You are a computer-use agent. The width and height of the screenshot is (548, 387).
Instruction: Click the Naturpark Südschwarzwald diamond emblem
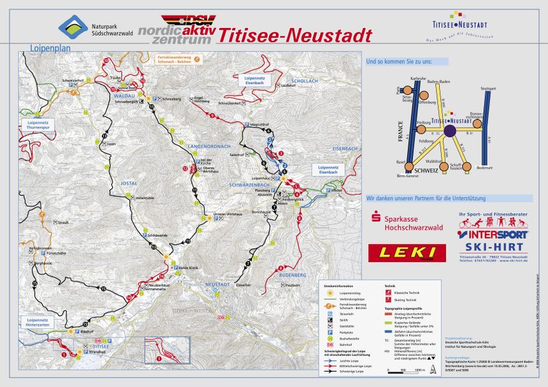click(x=73, y=27)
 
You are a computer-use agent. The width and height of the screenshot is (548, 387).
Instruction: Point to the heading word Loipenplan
click(x=48, y=47)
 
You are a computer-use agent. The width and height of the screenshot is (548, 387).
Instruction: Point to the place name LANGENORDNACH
click(x=209, y=147)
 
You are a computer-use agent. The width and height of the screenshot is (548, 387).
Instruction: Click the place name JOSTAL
click(x=129, y=183)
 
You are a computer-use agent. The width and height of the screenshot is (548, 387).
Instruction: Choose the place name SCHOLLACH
click(x=305, y=81)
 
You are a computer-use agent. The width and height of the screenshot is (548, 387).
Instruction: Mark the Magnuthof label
click(x=262, y=124)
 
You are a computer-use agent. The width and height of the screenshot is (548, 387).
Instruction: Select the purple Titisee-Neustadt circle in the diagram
click(x=450, y=131)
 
